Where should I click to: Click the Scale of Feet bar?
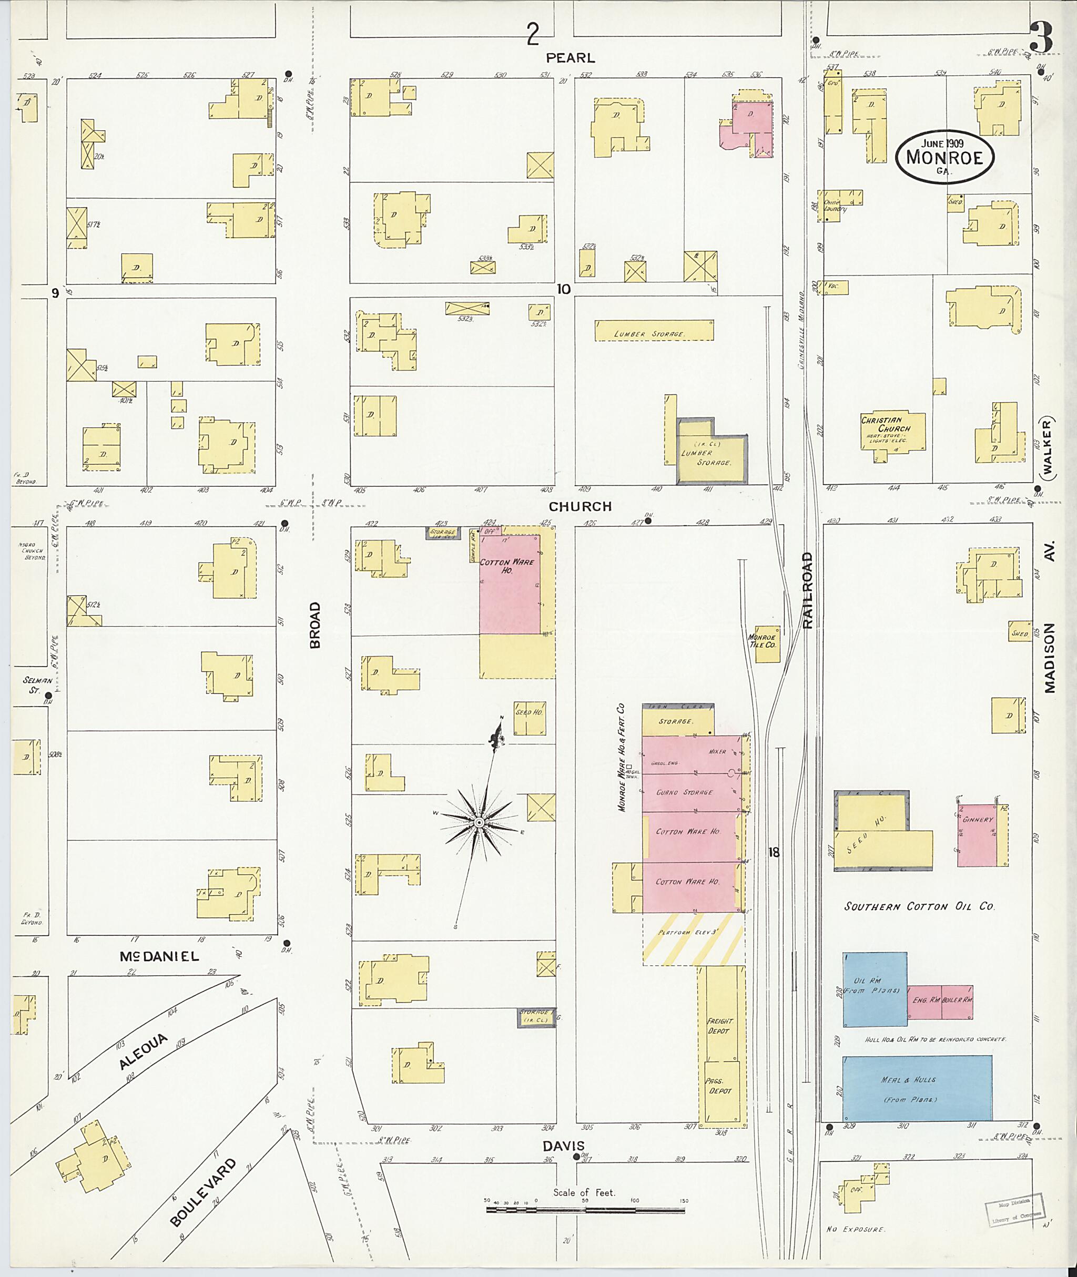(586, 1208)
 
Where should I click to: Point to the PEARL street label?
(570, 58)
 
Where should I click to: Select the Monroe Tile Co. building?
(767, 643)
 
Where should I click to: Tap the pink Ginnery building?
(977, 833)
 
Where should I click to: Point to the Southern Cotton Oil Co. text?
(919, 906)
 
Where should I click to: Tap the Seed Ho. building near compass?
(529, 719)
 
